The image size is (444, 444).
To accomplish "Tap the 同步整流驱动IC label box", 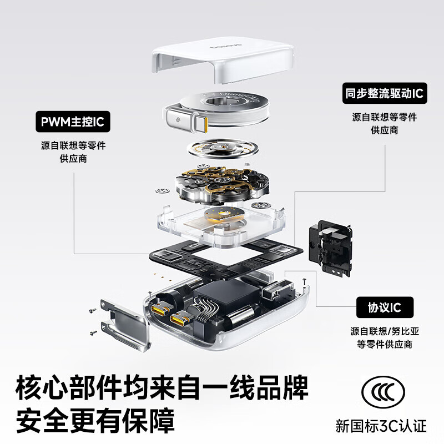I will (384, 93).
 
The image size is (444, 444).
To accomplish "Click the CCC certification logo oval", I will (384, 391).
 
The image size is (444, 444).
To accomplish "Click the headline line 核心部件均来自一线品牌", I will (162, 386).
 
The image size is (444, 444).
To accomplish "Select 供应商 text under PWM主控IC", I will (73, 159).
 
